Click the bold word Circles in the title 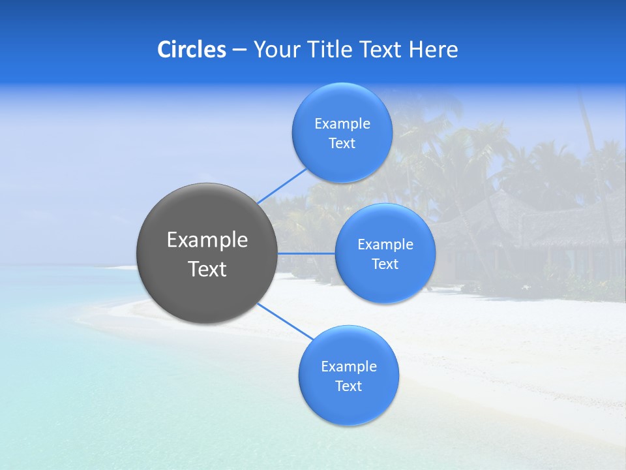(192, 50)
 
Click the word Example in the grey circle (207, 240)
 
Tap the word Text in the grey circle (207, 269)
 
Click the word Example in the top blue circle (342, 124)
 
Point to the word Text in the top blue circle (342, 144)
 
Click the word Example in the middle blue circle (385, 245)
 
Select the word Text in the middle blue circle (385, 264)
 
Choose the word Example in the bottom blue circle (348, 367)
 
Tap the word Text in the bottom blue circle (348, 386)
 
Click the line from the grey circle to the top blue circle (281, 186)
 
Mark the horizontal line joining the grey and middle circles (306, 253)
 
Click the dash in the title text (239, 50)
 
